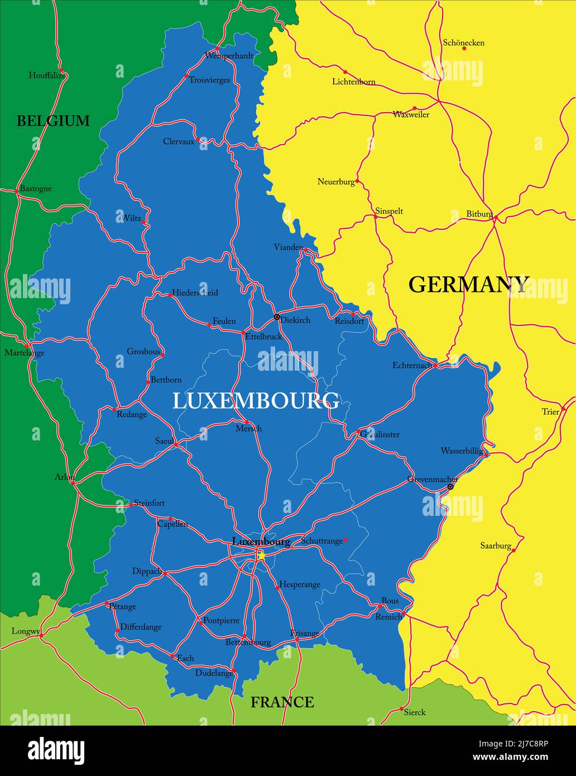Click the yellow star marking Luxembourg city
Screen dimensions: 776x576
(260, 555)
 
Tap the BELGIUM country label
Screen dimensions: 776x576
(53, 121)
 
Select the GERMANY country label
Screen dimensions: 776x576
(468, 284)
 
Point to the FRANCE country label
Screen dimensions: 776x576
(282, 702)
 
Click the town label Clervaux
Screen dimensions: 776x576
(179, 141)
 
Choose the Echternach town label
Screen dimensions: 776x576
(412, 365)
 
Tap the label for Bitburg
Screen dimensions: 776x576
(479, 214)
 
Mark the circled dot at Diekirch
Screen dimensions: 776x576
(276, 317)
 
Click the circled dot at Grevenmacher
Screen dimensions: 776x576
(450, 487)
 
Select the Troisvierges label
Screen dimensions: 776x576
(209, 80)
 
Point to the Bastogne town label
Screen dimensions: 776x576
(36, 188)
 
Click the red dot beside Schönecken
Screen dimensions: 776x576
(464, 49)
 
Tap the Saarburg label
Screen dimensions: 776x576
(496, 545)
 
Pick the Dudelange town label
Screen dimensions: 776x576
(214, 673)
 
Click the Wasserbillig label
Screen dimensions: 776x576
(462, 451)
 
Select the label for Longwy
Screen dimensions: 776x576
(26, 631)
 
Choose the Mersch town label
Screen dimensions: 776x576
(248, 428)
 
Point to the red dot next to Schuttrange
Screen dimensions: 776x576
(345, 540)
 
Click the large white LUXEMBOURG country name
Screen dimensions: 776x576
(256, 401)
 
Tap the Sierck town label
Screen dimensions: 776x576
(414, 712)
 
